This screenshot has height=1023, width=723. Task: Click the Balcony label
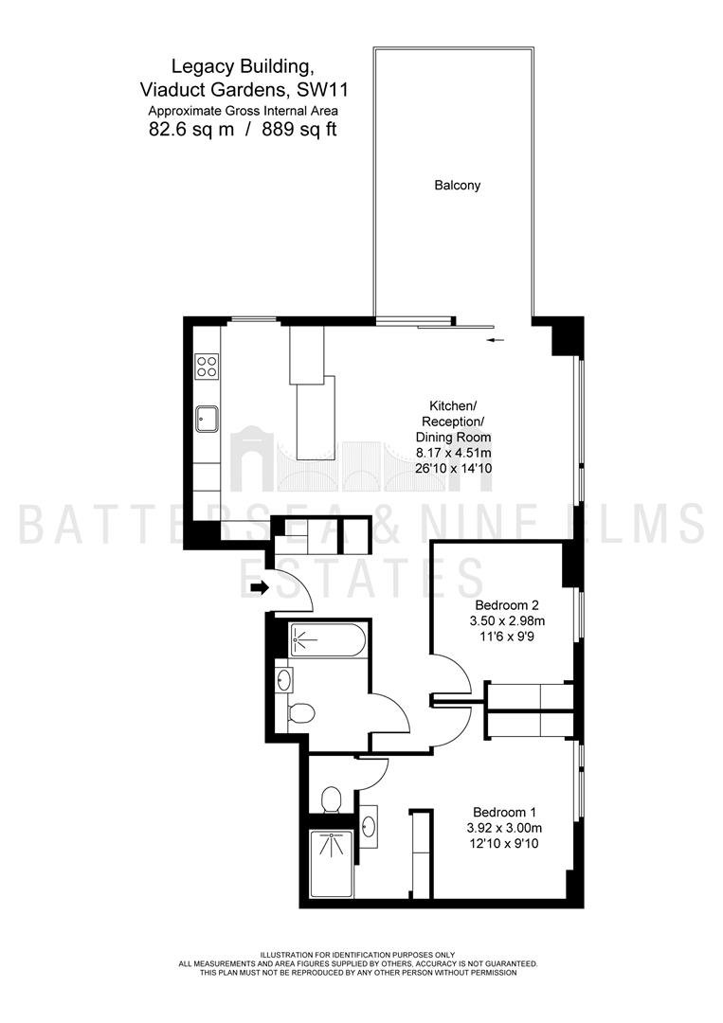point(458,186)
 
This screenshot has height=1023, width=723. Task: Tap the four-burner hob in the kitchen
point(208,366)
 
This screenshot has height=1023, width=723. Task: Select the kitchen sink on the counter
point(207,419)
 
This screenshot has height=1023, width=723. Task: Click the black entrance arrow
point(260,588)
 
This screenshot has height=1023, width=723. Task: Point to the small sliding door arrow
point(496,340)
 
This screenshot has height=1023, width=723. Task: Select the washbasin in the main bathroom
point(284,680)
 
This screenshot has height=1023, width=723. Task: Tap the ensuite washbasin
point(368,827)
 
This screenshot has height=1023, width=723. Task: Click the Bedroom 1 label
point(504,813)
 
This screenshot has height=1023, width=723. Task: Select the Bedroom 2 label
point(506,604)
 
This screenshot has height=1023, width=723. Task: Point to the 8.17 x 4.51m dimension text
point(454,453)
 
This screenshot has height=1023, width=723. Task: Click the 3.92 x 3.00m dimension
point(504,828)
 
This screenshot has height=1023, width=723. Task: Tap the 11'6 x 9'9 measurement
point(506,636)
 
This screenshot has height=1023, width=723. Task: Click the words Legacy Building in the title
point(240,66)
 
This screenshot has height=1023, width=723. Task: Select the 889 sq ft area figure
point(299,129)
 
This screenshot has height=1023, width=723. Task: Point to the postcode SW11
point(332,87)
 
